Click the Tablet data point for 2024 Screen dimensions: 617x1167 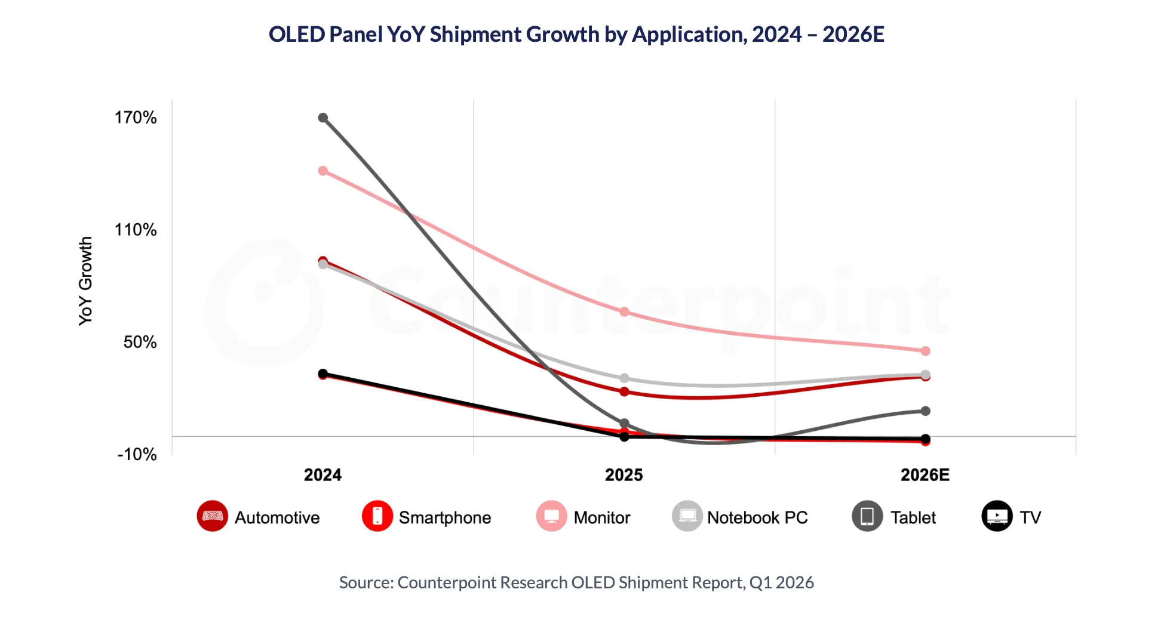(323, 118)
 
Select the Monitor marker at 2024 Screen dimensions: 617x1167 (323, 171)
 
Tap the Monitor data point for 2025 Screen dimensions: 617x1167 (624, 312)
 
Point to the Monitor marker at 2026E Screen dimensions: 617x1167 (925, 351)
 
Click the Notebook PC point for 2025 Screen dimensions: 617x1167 (624, 378)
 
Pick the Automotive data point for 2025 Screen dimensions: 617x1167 (624, 392)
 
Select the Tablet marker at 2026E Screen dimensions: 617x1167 (925, 411)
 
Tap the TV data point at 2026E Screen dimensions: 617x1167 (925, 439)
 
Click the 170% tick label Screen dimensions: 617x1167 (136, 118)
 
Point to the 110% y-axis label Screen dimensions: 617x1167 (136, 230)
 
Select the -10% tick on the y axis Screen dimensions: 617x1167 (137, 455)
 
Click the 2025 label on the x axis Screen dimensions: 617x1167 (624, 475)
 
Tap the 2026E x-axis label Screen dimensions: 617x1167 (925, 475)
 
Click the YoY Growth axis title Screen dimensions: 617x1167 (86, 281)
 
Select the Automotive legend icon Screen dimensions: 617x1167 (213, 516)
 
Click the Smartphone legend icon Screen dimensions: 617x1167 (377, 516)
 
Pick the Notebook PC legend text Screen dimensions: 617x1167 (757, 517)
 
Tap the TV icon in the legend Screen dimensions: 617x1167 (997, 516)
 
